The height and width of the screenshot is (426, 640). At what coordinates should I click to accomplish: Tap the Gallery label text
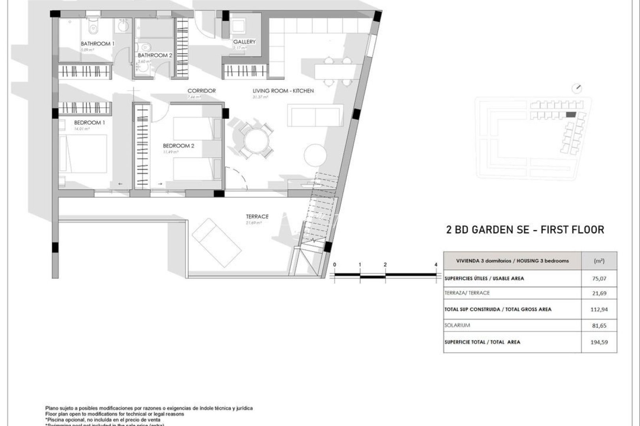(x=244, y=42)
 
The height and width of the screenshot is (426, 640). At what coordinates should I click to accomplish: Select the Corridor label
(x=201, y=91)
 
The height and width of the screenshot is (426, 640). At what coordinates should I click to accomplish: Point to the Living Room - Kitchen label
(x=283, y=91)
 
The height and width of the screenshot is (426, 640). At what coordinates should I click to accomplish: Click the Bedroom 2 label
(x=179, y=146)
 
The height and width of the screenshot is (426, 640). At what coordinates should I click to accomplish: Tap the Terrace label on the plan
(x=257, y=217)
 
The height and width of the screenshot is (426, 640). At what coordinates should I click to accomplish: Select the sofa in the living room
(x=315, y=115)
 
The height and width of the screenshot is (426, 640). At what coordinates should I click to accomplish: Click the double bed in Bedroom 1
(x=84, y=153)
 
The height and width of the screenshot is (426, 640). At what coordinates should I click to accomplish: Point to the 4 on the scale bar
(x=436, y=265)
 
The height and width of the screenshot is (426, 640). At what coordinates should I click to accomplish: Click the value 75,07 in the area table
(x=599, y=278)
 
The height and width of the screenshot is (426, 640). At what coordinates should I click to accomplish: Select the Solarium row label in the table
(x=457, y=325)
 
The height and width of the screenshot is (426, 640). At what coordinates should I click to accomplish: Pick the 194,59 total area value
(x=599, y=342)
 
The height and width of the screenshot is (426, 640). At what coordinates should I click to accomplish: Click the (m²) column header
(x=599, y=261)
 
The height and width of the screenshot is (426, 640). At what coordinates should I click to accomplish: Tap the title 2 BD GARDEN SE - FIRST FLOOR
(x=525, y=230)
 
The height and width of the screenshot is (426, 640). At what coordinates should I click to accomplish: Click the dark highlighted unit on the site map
(x=571, y=114)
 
